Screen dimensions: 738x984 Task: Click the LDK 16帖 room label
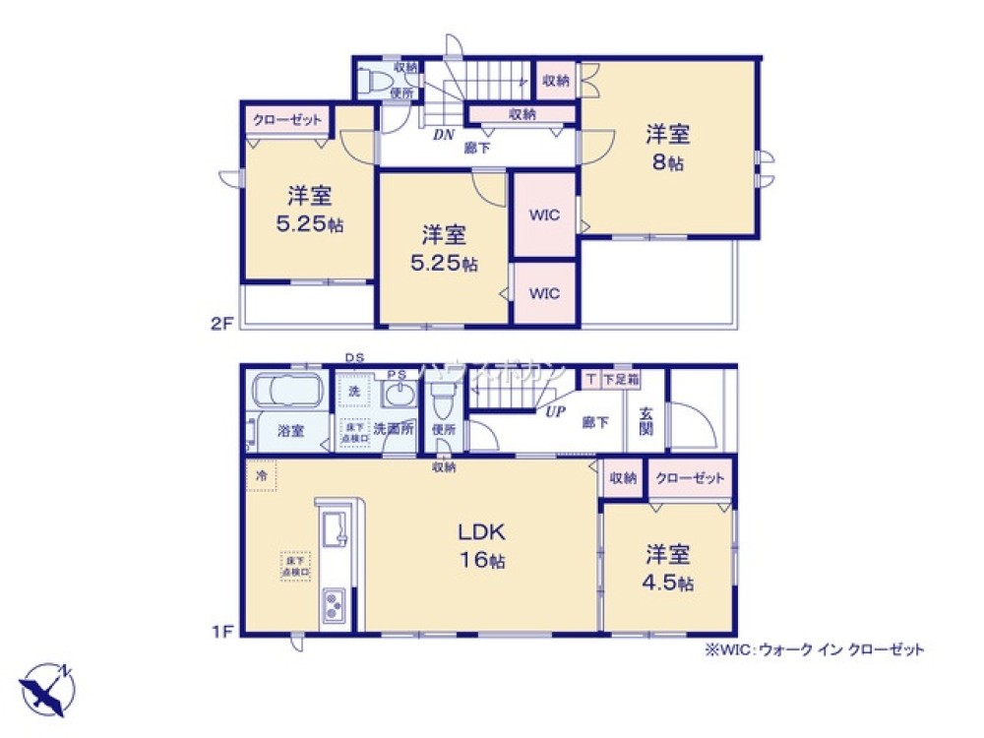tap(480, 546)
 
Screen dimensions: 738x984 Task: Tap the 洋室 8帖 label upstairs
tap(667, 148)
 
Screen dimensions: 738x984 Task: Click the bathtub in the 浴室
tap(288, 394)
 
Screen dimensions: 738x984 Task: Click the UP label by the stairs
tap(555, 412)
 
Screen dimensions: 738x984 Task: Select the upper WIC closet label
tap(544, 215)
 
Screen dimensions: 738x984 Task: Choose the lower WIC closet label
tap(544, 293)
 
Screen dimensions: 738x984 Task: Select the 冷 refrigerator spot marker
tap(262, 475)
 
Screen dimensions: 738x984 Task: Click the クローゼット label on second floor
tap(287, 120)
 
